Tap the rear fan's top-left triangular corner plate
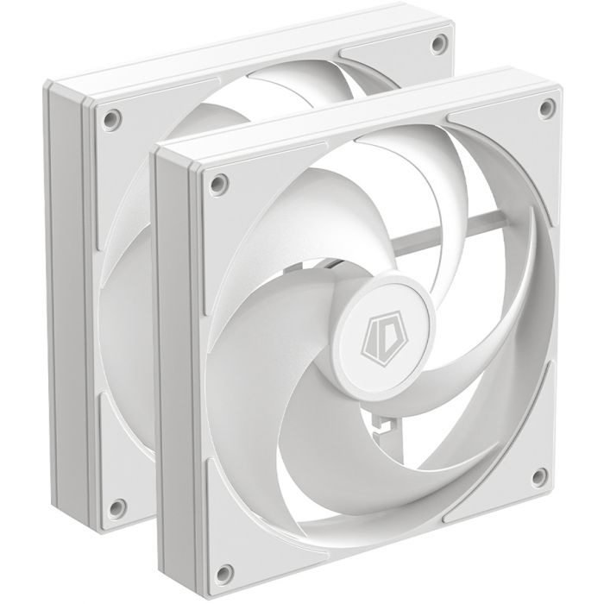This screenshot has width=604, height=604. click(129, 129)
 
